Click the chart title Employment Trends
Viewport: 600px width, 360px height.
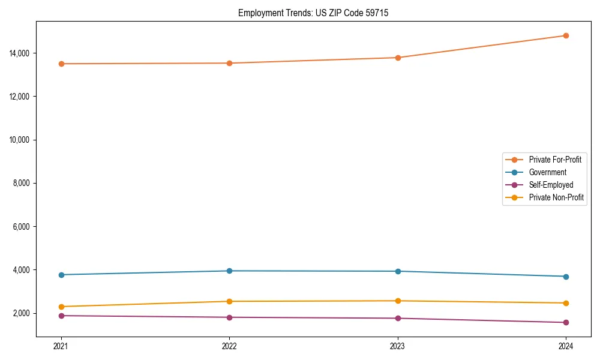[313, 13]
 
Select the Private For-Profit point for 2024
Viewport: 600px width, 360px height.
[566, 35]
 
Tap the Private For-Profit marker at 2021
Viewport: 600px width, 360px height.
[61, 64]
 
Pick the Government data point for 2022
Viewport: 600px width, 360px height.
[229, 271]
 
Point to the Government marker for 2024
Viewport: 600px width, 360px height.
[566, 277]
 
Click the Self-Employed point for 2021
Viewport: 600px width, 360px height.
[61, 316]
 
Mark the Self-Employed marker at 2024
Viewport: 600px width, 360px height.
[566, 323]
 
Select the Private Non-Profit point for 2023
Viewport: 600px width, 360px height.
[398, 301]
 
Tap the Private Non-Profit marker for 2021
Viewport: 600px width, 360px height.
[61, 307]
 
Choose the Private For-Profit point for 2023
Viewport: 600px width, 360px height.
[398, 58]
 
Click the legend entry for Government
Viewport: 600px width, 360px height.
[547, 172]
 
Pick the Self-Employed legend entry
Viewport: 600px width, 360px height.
[551, 185]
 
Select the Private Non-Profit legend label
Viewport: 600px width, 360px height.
[556, 197]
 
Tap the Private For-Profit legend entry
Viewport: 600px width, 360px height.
[555, 160]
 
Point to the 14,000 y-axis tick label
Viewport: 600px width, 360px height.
[19, 53]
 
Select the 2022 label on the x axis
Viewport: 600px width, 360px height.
[229, 346]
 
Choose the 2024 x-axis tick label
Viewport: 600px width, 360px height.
[566, 346]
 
